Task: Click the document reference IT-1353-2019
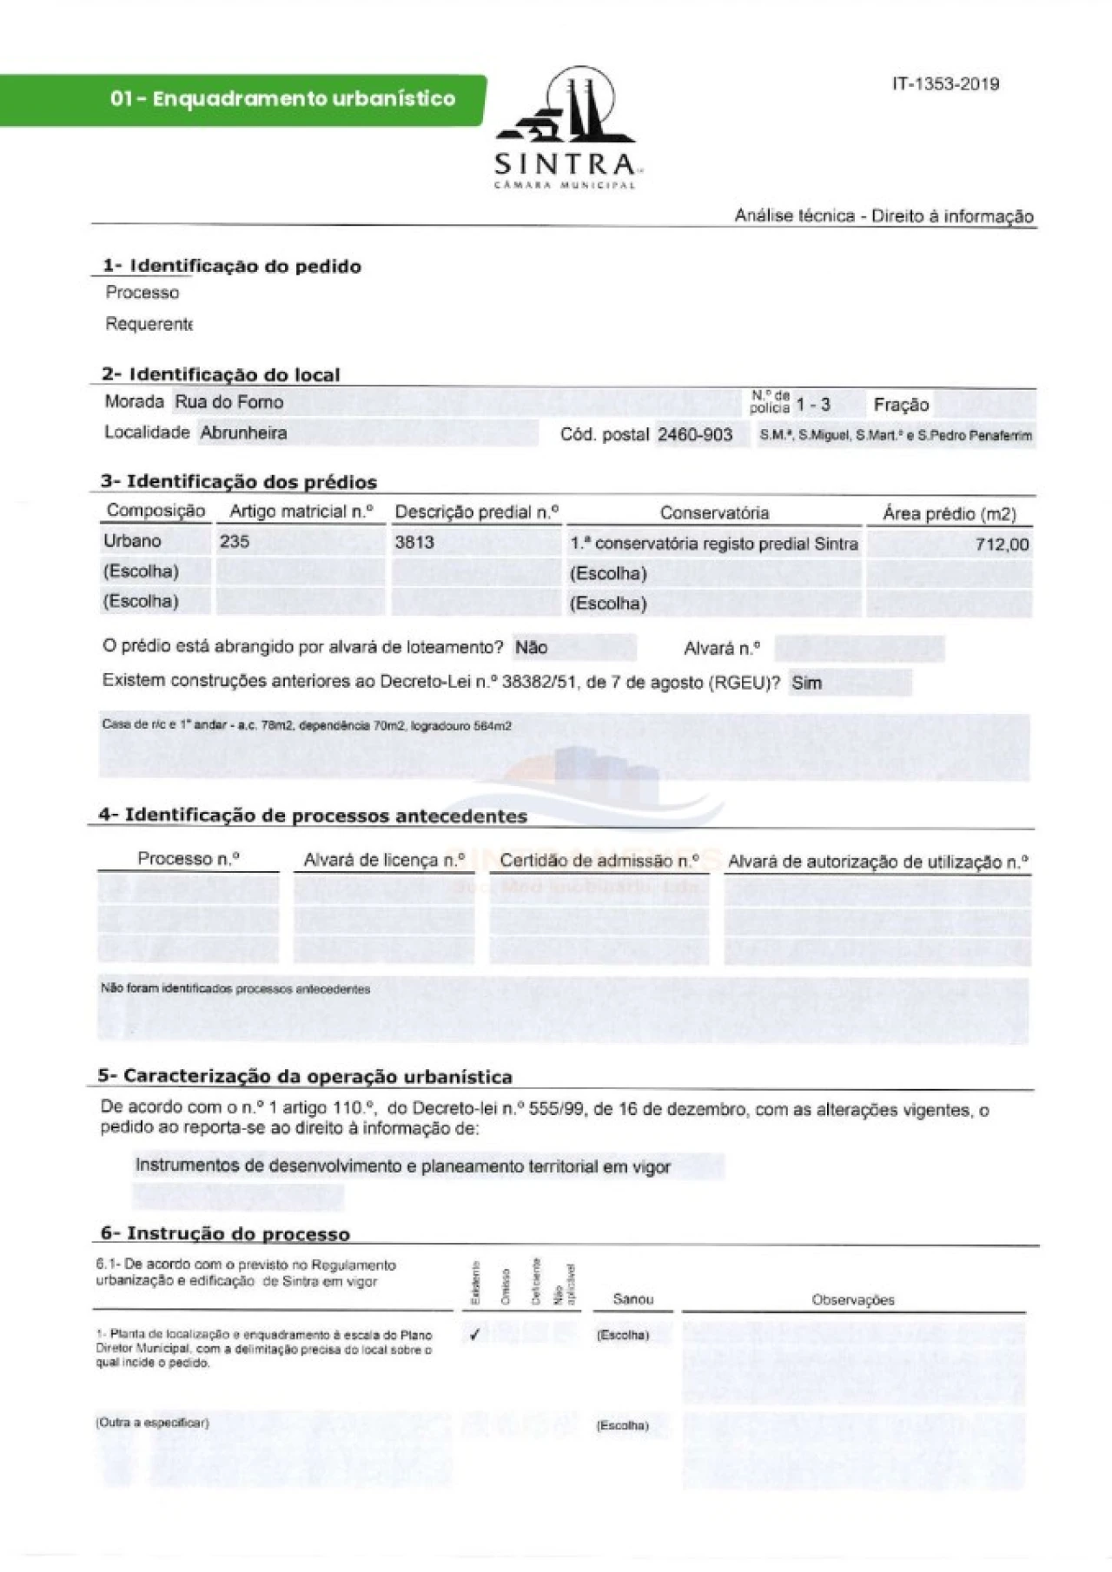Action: (945, 84)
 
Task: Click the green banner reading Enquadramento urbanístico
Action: (282, 99)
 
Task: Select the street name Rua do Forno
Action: (229, 402)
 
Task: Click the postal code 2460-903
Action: (694, 434)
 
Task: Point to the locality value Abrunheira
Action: (243, 433)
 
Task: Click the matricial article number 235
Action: (235, 542)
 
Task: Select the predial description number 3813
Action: (414, 543)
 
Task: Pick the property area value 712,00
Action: (1002, 545)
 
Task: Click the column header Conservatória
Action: (714, 513)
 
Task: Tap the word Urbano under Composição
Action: (132, 541)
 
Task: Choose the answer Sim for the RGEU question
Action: (806, 684)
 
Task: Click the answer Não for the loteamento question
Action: (531, 648)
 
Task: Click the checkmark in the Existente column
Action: (474, 1335)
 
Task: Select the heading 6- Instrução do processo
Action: (225, 1234)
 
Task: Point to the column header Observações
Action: (852, 1300)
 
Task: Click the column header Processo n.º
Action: (189, 859)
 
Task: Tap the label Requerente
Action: (149, 324)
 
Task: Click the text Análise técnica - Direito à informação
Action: (884, 216)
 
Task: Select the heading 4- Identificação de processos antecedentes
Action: (313, 816)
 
